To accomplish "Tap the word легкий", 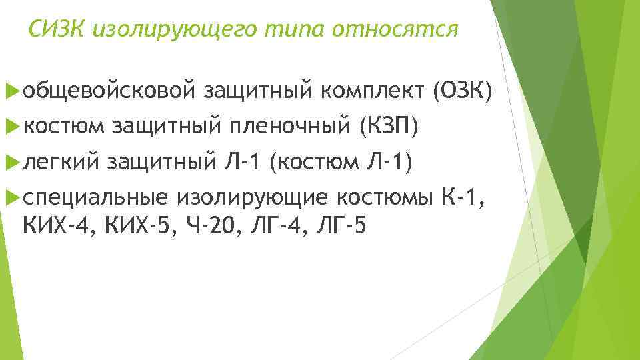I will pos(61,161).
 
